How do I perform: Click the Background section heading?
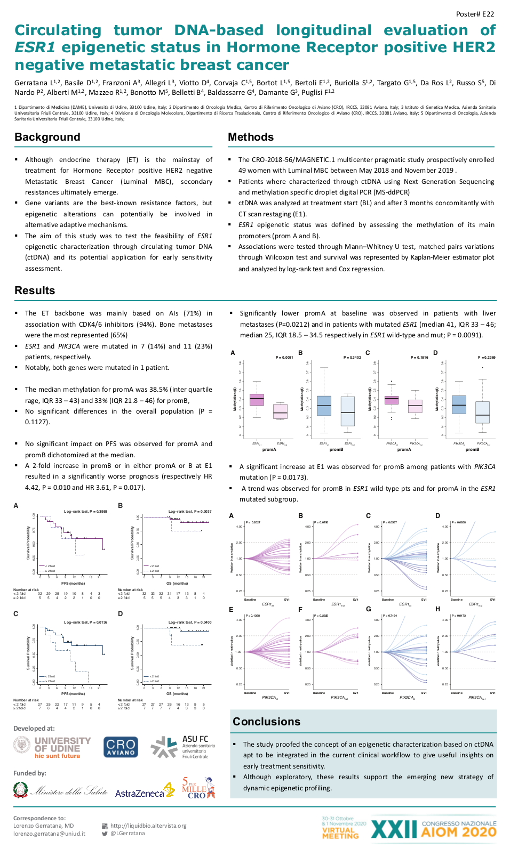coord(47,137)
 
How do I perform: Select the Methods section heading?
coord(251,137)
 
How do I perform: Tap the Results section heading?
coord(35,290)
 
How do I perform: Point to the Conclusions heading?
coord(266,722)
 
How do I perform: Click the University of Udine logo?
coord(52,747)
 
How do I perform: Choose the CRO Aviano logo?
coord(121,747)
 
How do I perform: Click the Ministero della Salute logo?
coord(60,791)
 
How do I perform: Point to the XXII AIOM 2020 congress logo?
coord(433,829)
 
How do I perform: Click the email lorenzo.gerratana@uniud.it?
coord(49,834)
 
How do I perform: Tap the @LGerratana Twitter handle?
coord(127,833)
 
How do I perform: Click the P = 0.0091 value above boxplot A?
coord(284,357)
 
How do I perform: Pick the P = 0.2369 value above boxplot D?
coord(487,357)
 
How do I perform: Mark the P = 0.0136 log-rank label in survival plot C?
coord(85,622)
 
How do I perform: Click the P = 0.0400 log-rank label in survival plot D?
coord(190,622)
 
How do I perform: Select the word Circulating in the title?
coord(58,30)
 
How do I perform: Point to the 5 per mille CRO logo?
coord(198,788)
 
